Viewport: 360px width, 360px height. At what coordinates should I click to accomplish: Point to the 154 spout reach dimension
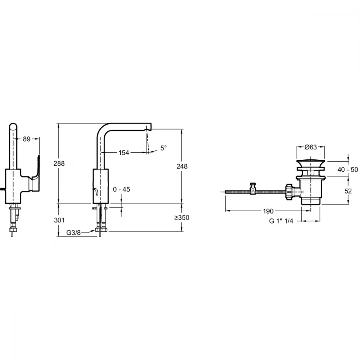pos(124,153)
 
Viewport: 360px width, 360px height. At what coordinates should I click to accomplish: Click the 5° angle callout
pos(164,148)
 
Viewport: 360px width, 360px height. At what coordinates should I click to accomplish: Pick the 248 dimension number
pos(182,166)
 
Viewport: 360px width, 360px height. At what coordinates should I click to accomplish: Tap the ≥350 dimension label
pos(182,217)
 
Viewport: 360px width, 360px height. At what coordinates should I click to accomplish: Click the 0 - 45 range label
pos(121,190)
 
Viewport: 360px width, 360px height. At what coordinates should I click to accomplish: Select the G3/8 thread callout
pos(74,233)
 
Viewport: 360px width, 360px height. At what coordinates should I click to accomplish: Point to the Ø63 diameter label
pos(310,147)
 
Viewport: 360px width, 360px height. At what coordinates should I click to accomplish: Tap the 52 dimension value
pos(348,192)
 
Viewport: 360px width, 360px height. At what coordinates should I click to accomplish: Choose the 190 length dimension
pos(268,211)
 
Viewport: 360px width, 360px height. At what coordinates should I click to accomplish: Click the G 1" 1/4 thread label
pos(282,221)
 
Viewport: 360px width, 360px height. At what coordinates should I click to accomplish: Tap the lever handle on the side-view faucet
pos(36,169)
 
